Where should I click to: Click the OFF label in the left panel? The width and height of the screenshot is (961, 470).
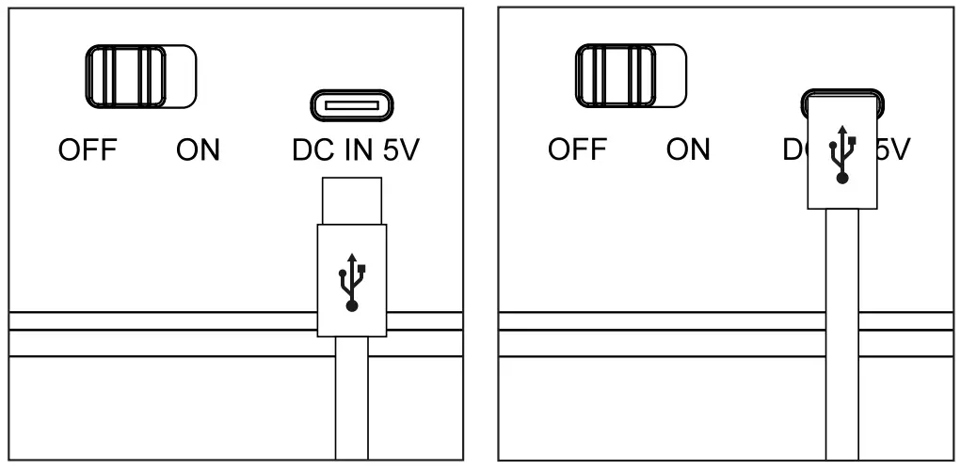pyautogui.click(x=87, y=150)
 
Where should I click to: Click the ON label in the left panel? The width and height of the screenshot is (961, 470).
pyautogui.click(x=198, y=150)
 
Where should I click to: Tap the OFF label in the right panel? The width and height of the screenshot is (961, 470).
pyautogui.click(x=576, y=150)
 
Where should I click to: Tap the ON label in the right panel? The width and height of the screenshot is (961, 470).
pyautogui.click(x=687, y=150)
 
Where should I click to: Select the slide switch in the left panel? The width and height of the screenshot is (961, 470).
pyautogui.click(x=141, y=75)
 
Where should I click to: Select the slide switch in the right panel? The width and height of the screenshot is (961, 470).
pyautogui.click(x=630, y=75)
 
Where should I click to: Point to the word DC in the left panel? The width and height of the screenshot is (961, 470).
pyautogui.click(x=311, y=150)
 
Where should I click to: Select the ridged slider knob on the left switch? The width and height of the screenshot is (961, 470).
pyautogui.click(x=126, y=75)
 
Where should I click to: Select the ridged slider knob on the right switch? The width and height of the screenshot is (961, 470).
pyautogui.click(x=616, y=75)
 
